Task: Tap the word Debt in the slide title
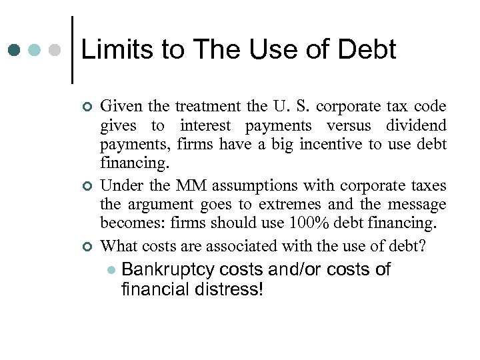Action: pos(367,50)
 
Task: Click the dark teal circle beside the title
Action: pos(15,50)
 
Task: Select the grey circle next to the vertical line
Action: pos(55,50)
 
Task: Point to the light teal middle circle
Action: pos(35,50)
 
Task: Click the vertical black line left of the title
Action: pos(71,50)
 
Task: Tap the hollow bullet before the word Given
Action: pos(84,107)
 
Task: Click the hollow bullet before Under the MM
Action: pos(84,186)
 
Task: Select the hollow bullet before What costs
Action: pos(84,247)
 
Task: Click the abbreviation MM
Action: pos(187,185)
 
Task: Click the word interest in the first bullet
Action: pos(205,126)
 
